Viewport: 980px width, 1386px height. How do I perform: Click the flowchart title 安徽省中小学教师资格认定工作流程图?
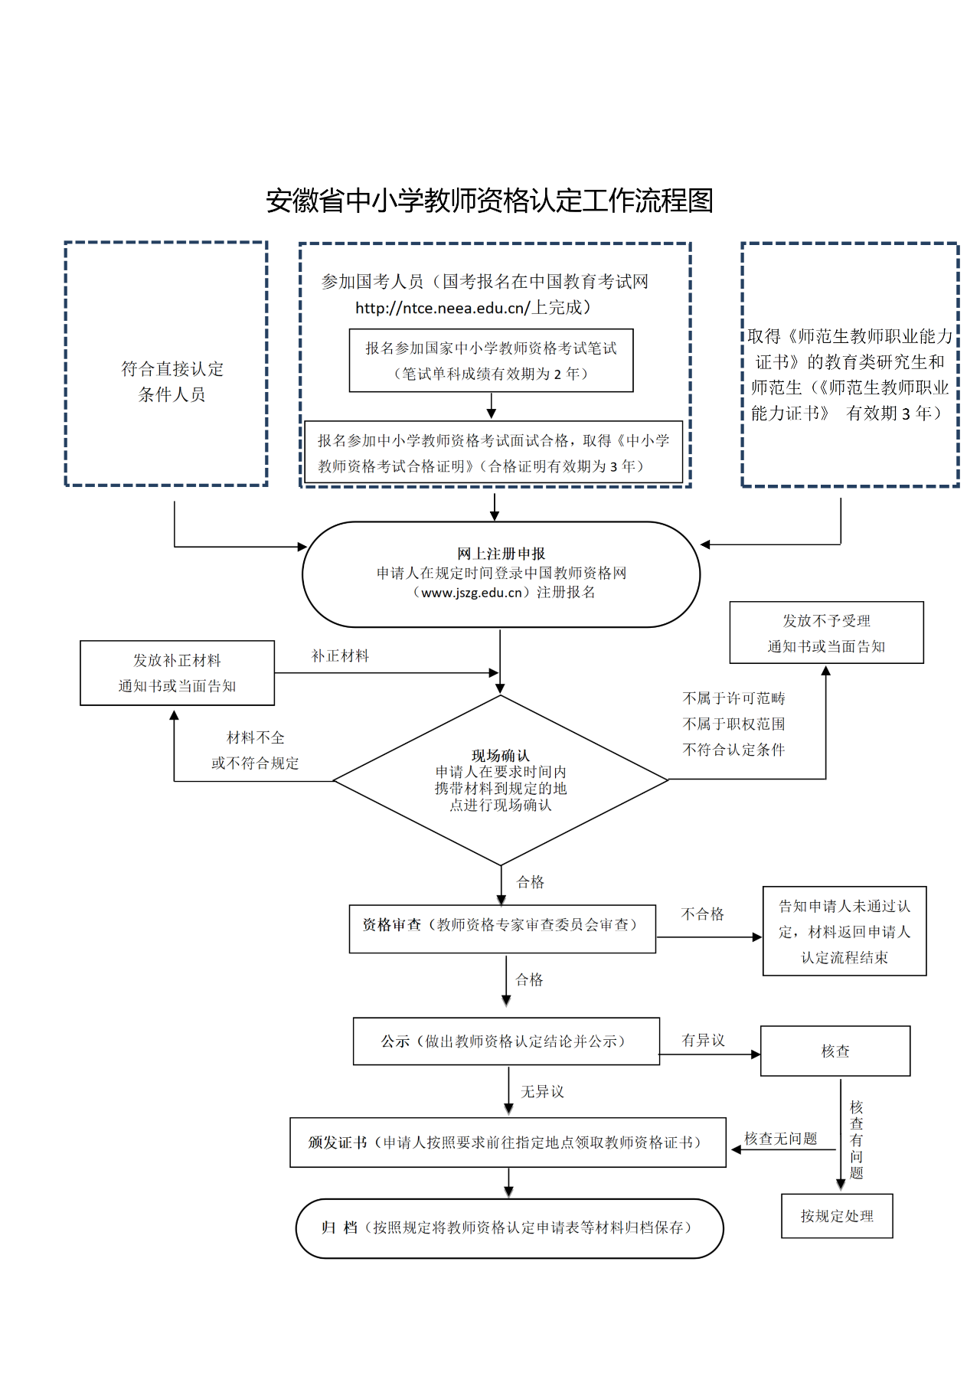pyautogui.click(x=489, y=201)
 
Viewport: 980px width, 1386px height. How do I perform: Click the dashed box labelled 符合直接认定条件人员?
pyautogui.click(x=166, y=364)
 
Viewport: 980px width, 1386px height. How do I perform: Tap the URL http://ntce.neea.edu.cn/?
pyautogui.click(x=442, y=308)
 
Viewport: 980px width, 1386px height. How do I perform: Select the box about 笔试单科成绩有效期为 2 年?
pyautogui.click(x=491, y=361)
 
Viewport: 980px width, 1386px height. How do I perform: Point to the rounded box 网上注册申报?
pyautogui.click(x=501, y=574)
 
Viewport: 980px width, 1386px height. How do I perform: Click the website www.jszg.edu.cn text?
pyautogui.click(x=472, y=593)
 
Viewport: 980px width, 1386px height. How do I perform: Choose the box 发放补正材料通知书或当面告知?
pyautogui.click(x=177, y=673)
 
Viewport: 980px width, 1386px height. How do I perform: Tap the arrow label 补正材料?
pyautogui.click(x=340, y=656)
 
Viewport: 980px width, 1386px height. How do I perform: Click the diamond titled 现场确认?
pyautogui.click(x=501, y=780)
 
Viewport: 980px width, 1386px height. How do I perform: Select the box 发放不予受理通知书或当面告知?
pyautogui.click(x=826, y=633)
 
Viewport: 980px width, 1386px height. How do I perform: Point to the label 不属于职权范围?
pyautogui.click(x=733, y=724)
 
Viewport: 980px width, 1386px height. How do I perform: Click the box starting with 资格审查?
pyautogui.click(x=502, y=929)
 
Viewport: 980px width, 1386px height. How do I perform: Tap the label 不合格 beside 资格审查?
pyautogui.click(x=702, y=914)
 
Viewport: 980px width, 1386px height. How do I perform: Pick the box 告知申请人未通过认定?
pyautogui.click(x=844, y=931)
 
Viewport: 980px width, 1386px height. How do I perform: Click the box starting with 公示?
pyautogui.click(x=506, y=1041)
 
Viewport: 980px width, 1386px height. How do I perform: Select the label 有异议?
pyautogui.click(x=703, y=1041)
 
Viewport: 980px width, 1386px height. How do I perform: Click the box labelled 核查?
pyautogui.click(x=835, y=1051)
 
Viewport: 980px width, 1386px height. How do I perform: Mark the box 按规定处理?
pyautogui.click(x=837, y=1216)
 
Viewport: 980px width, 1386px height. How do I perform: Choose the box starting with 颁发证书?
pyautogui.click(x=508, y=1142)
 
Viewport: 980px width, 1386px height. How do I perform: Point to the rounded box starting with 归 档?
pyautogui.click(x=509, y=1228)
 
